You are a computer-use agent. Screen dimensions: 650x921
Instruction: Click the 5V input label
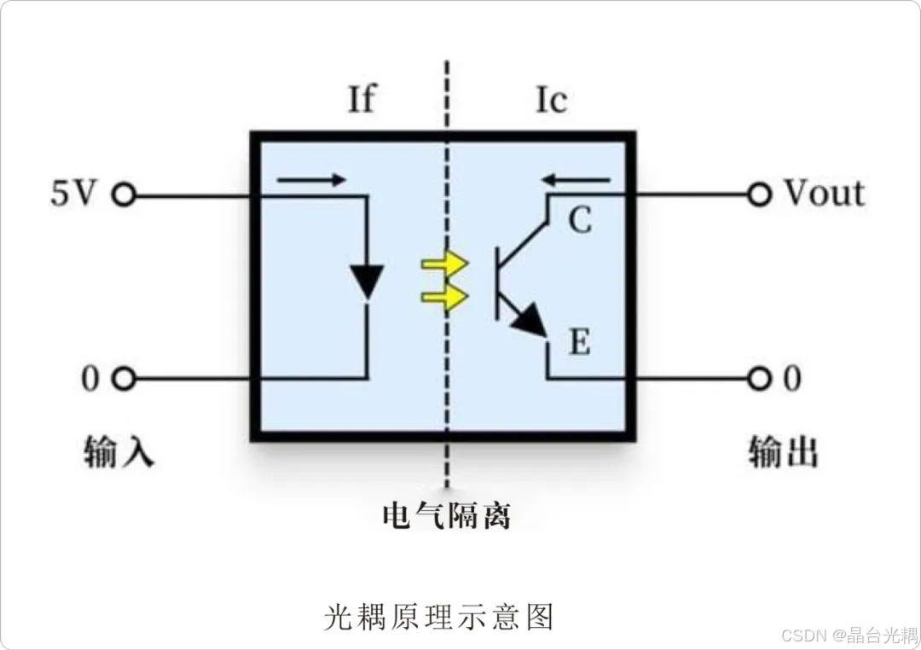pyautogui.click(x=72, y=194)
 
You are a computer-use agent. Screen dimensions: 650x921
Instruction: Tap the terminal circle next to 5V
pyautogui.click(x=125, y=195)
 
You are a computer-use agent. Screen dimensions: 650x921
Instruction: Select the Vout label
pyautogui.click(x=824, y=194)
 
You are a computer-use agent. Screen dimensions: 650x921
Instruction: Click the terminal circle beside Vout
pyautogui.click(x=758, y=194)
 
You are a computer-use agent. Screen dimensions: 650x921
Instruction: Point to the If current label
pyautogui.click(x=361, y=101)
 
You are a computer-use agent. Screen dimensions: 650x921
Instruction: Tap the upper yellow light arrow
pyautogui.click(x=444, y=264)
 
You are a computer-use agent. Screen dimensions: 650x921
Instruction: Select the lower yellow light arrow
pyautogui.click(x=444, y=297)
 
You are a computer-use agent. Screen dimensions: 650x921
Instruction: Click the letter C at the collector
pyautogui.click(x=580, y=222)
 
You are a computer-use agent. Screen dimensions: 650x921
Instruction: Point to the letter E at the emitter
pyautogui.click(x=579, y=344)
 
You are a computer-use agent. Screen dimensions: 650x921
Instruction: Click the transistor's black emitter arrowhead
pyautogui.click(x=530, y=320)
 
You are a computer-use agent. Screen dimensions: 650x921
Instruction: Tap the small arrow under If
pyautogui.click(x=311, y=180)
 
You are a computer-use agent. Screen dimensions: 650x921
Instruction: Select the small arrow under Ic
pyautogui.click(x=577, y=180)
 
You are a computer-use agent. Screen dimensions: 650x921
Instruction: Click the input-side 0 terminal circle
pyautogui.click(x=125, y=379)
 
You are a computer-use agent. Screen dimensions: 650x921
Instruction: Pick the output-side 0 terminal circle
pyautogui.click(x=758, y=378)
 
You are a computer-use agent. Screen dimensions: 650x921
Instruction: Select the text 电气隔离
pyautogui.click(x=447, y=515)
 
